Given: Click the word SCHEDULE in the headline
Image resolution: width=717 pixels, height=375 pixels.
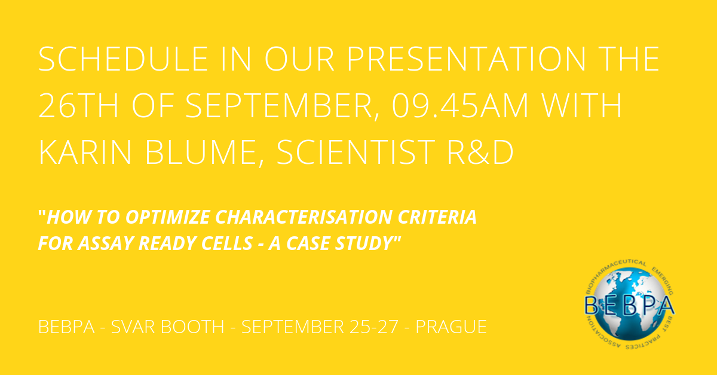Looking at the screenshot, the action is click(124, 59).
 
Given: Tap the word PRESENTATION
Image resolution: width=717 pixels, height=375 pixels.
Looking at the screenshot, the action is click(466, 59).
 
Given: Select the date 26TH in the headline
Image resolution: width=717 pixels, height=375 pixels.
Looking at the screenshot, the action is click(78, 105).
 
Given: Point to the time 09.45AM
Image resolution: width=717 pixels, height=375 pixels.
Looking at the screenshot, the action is click(460, 105).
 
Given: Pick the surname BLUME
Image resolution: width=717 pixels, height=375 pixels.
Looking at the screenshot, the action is click(205, 153).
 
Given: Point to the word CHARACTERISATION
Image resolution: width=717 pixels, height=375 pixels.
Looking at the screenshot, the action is click(304, 217).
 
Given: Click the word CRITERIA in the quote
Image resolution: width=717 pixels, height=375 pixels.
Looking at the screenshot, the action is click(437, 217).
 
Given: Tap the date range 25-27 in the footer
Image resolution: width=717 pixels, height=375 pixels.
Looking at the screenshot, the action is click(374, 327).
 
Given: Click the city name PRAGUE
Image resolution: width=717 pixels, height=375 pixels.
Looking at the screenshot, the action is click(451, 327).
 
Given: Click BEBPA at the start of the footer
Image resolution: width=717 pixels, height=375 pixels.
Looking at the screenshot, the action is click(66, 327).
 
